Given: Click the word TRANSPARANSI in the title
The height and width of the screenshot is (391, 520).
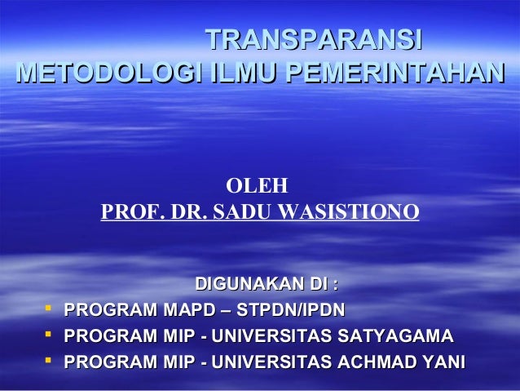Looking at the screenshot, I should (x=313, y=39).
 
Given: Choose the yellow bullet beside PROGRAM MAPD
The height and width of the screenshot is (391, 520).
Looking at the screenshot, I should (x=50, y=309).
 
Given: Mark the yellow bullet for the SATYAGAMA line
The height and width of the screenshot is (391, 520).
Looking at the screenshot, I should (x=50, y=335).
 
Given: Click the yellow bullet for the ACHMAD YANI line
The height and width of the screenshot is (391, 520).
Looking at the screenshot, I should (x=50, y=361).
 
